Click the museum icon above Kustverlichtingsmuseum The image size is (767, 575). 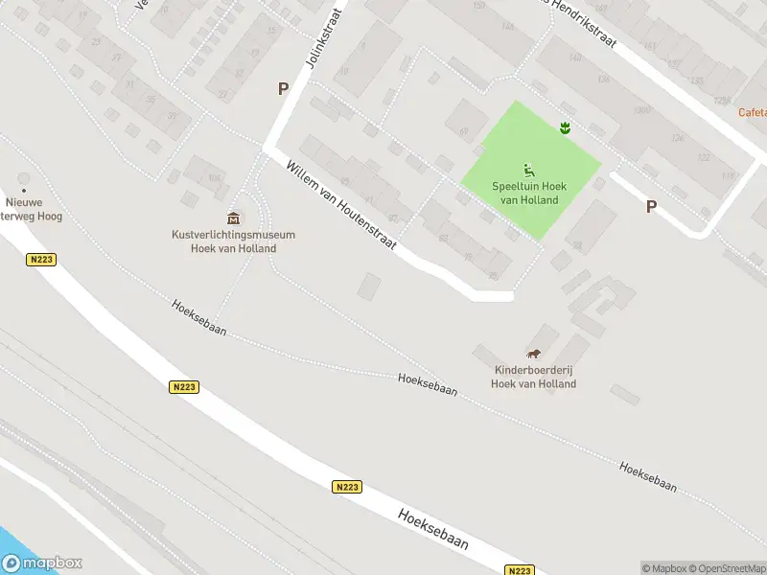233,218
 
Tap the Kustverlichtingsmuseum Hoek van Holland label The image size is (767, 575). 233,241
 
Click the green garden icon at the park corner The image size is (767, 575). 566,126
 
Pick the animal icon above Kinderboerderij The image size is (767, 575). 534,354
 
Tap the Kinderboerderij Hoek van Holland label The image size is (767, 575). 533,377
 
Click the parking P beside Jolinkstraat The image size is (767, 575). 283,88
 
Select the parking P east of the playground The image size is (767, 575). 651,206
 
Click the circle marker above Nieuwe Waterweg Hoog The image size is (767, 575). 24,178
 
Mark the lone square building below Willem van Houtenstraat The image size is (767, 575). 369,286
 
